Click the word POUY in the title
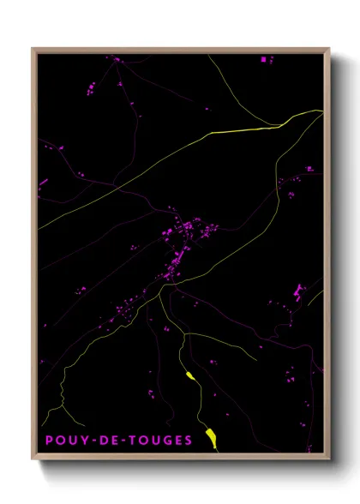(61, 441)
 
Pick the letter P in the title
(49, 441)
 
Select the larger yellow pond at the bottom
(210, 437)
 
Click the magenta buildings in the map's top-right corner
(267, 61)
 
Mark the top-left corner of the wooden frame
(33, 49)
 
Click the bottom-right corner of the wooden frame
(329, 458)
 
